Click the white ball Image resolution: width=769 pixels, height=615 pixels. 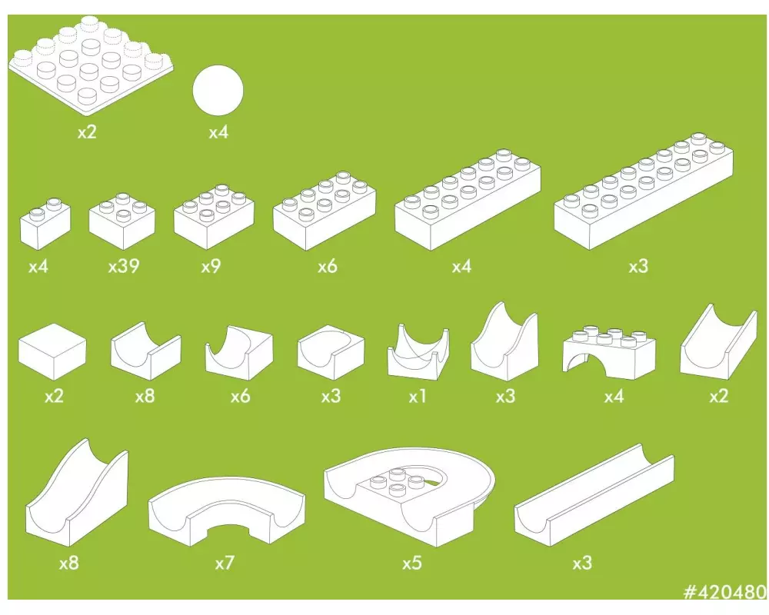(218, 90)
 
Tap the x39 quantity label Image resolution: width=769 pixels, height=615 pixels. (124, 266)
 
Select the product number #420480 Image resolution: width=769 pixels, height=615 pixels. (725, 592)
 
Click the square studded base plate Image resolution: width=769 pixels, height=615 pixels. (92, 65)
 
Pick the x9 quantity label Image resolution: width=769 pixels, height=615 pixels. (211, 266)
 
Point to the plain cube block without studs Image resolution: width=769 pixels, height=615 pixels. (52, 351)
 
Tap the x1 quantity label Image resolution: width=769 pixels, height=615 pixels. (418, 396)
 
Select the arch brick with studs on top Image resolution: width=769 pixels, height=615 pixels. (608, 351)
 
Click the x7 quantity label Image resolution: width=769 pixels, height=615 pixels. (225, 563)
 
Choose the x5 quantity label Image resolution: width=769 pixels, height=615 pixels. (412, 563)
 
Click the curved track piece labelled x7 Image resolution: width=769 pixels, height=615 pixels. (226, 510)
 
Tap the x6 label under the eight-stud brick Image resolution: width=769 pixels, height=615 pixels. (327, 266)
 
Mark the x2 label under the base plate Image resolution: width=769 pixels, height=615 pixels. (87, 132)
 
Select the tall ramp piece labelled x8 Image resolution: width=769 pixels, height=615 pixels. (77, 493)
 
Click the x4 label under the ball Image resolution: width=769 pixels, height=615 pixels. (218, 132)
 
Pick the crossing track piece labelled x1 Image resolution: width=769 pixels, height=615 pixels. (418, 351)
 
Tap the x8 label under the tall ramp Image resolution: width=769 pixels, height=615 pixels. (68, 563)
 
